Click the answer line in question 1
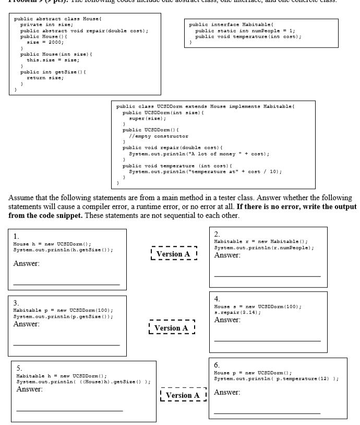66,284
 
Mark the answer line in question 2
267,275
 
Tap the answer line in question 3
66,345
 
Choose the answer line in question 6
267,412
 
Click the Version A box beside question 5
183,396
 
